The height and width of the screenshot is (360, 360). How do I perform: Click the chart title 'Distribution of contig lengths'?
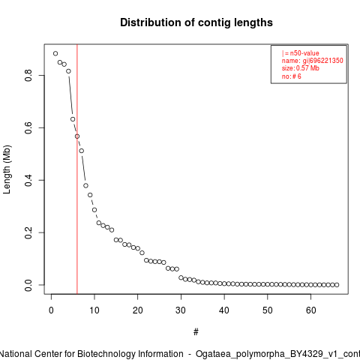(196, 22)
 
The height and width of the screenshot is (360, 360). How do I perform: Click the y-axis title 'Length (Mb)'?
(7, 169)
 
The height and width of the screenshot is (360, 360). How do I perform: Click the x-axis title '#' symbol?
(196, 332)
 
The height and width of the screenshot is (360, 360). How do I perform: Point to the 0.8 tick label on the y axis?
(28, 75)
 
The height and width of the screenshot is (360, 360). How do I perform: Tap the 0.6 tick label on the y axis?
(28, 127)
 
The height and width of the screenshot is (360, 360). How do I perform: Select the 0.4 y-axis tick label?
(28, 180)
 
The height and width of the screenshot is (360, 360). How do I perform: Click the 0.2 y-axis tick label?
(28, 232)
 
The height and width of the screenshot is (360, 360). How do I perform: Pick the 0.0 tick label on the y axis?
(28, 285)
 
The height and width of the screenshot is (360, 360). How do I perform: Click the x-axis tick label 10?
(94, 310)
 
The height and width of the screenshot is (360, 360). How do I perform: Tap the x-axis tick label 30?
(181, 310)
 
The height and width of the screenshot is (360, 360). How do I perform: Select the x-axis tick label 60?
(310, 310)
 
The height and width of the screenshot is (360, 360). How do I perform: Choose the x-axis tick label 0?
(51, 310)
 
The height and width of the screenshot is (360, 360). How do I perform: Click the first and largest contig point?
(55, 53)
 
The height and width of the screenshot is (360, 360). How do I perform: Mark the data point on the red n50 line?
(77, 136)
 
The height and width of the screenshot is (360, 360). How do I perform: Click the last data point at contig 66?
(337, 285)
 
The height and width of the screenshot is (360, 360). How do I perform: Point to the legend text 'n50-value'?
(304, 53)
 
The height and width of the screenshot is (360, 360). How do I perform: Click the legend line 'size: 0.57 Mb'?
(301, 68)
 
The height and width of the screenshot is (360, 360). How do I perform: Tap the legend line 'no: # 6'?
(292, 76)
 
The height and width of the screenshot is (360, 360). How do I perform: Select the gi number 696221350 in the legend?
(326, 61)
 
